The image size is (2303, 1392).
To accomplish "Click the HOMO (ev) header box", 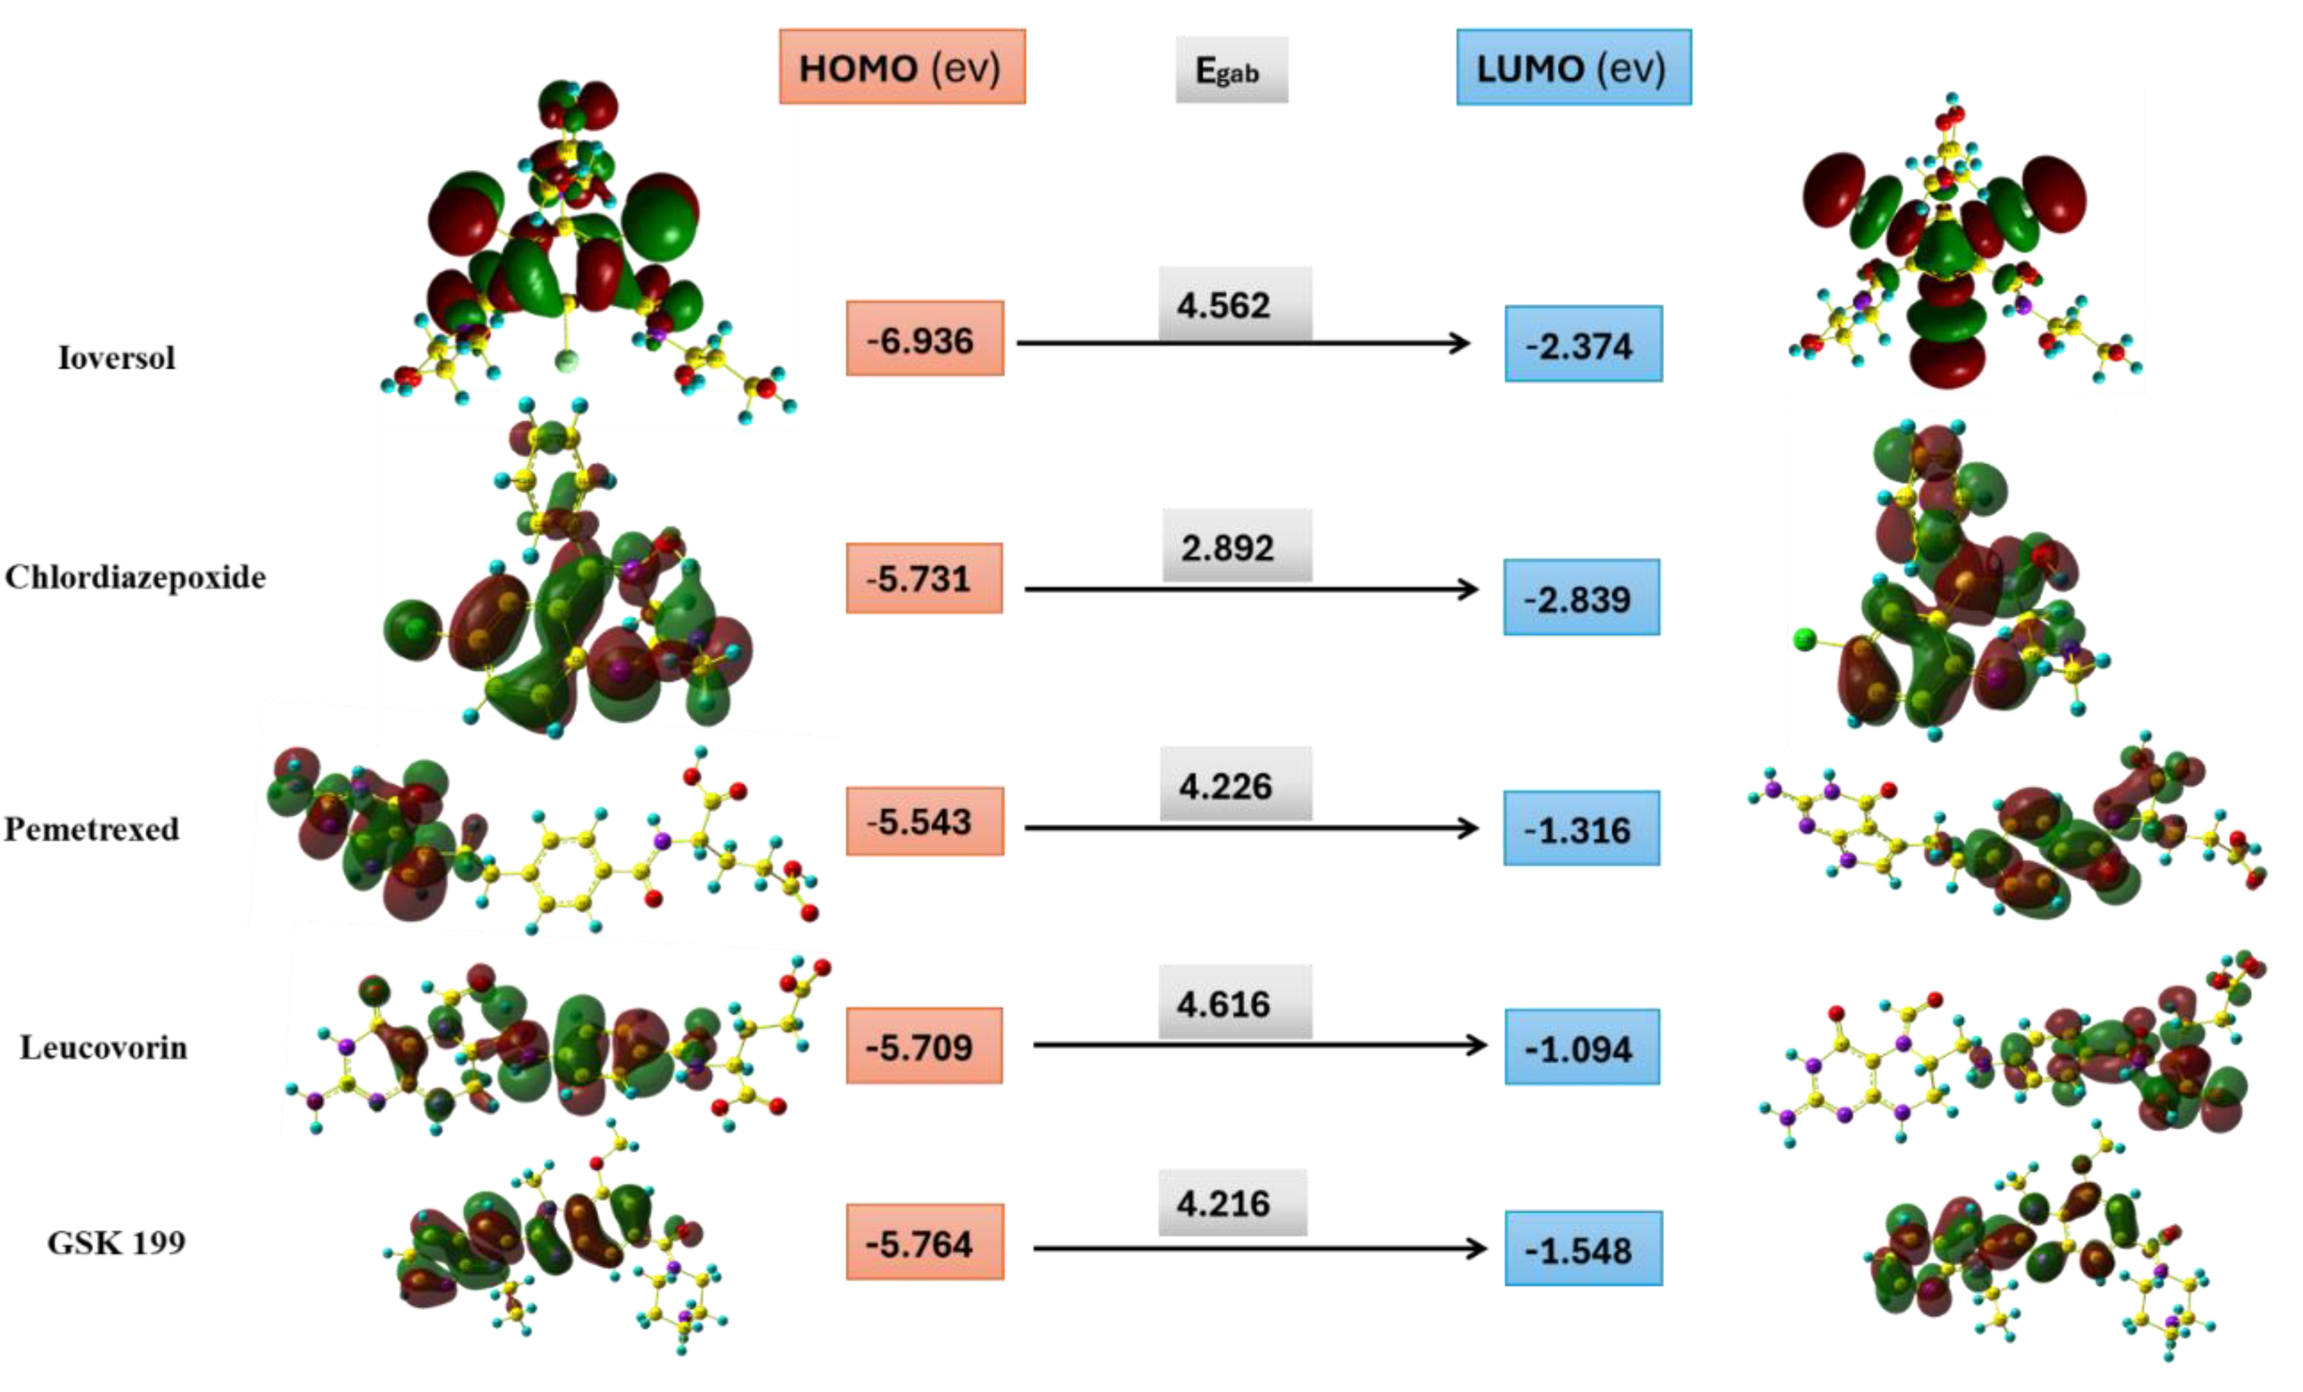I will pyautogui.click(x=902, y=67).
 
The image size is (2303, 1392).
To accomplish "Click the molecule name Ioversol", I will pyautogui.click(x=117, y=358).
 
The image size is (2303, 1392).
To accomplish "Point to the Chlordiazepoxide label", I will pyautogui.click(x=136, y=578).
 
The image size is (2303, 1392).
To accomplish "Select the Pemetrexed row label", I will pyautogui.click(x=92, y=829).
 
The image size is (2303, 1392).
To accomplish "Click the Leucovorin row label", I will pyautogui.click(x=103, y=1048).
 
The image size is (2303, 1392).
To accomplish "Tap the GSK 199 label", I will pyautogui.click(x=117, y=1243).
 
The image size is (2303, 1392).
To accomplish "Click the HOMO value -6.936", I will pyautogui.click(x=925, y=339).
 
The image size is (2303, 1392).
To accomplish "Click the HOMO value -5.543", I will pyautogui.click(x=925, y=821).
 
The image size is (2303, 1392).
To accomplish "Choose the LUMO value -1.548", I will pyautogui.click(x=1583, y=1249).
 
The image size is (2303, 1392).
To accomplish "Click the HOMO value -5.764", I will pyautogui.click(x=925, y=1243).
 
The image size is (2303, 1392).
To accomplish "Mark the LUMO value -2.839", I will pyautogui.click(x=1581, y=598).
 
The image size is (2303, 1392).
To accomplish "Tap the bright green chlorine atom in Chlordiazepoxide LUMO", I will pyautogui.click(x=1805, y=639).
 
